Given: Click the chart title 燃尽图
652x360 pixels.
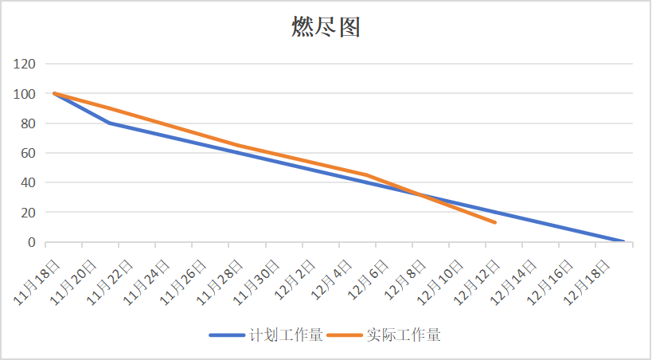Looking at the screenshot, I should [326, 27].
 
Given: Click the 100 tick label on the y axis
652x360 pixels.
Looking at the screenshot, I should [25, 94].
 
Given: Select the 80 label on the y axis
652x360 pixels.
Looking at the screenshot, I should [28, 123].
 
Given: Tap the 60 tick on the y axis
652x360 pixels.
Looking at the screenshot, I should [28, 153].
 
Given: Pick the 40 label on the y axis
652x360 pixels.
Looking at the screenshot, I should [28, 182].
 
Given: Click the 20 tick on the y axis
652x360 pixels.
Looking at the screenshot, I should [28, 213].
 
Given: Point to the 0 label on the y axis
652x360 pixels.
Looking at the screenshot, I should [31, 242].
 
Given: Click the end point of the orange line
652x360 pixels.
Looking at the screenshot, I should [495, 222].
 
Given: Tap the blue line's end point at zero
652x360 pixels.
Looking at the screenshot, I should [623, 241].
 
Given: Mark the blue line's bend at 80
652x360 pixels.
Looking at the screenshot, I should [108, 123].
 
